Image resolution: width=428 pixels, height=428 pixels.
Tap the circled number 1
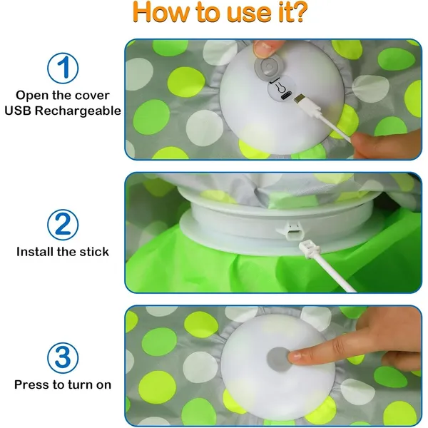(x=63, y=69)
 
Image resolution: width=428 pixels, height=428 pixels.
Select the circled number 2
(x=63, y=225)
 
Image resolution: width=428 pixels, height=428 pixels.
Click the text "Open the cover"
(x=63, y=95)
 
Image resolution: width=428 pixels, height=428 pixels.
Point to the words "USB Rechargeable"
(x=63, y=111)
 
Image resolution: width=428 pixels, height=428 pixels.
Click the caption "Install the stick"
(x=63, y=251)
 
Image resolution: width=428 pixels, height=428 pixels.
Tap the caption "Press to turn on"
(x=63, y=384)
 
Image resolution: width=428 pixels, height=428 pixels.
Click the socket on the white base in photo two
(x=288, y=228)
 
